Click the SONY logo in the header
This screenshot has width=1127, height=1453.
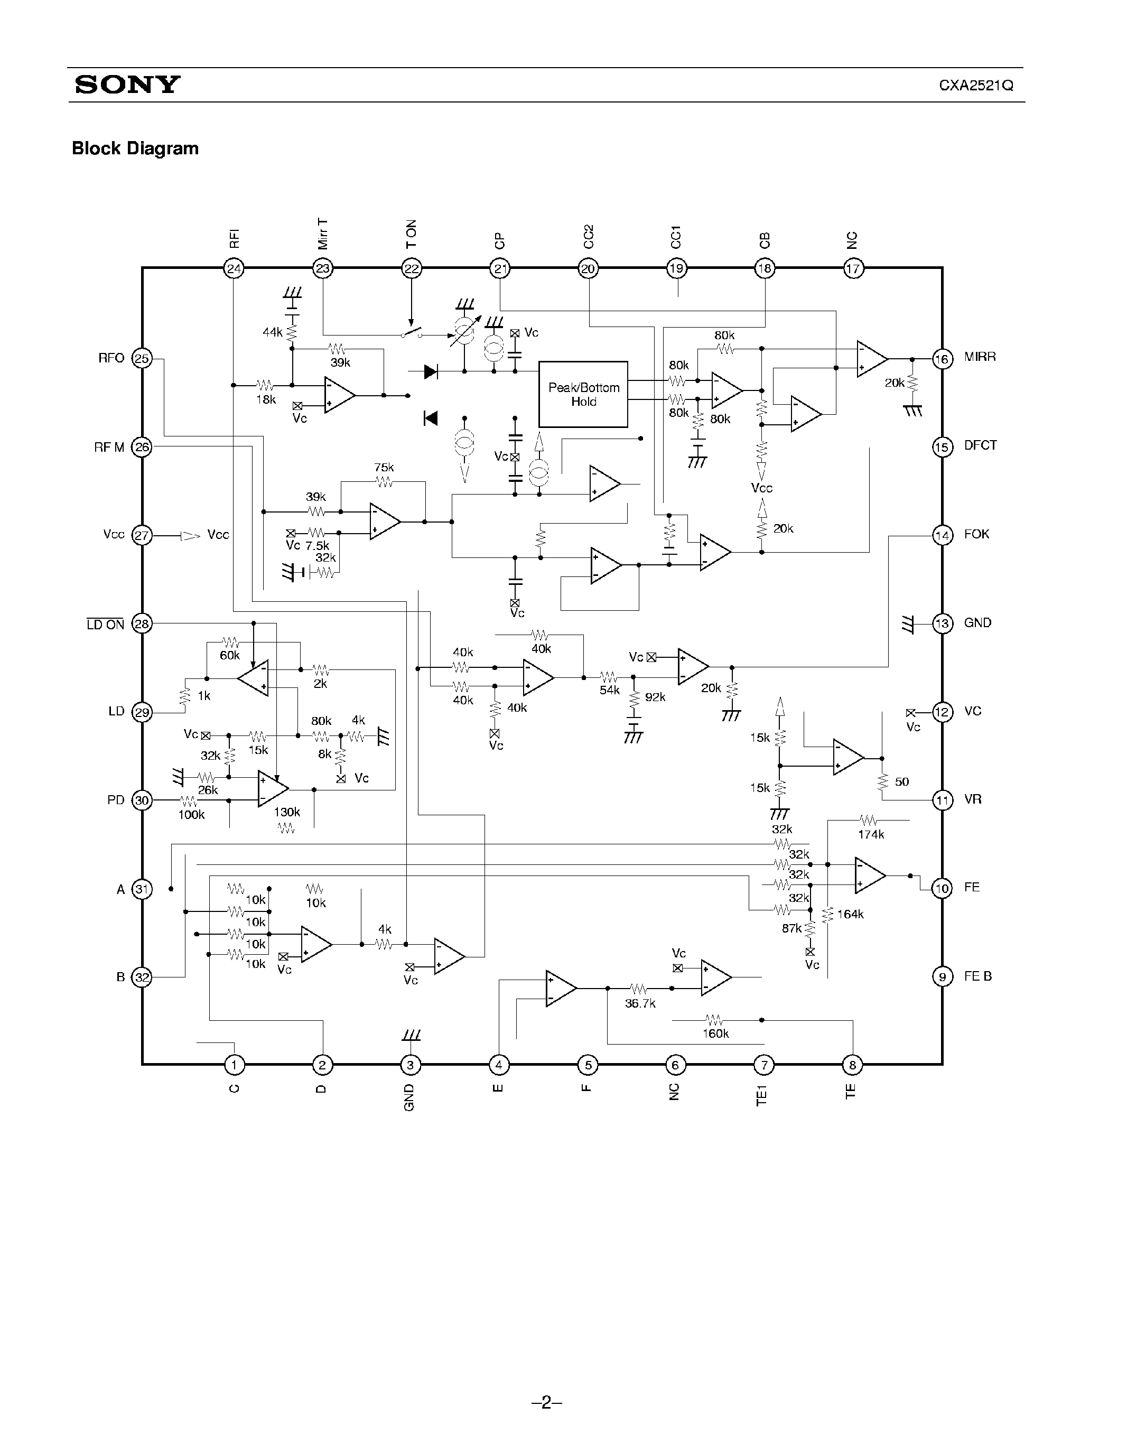click(127, 85)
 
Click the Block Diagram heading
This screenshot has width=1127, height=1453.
click(135, 148)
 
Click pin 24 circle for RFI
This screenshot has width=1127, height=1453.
click(234, 269)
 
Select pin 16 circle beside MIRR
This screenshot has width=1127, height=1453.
click(942, 359)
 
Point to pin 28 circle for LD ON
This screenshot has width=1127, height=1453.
click(142, 624)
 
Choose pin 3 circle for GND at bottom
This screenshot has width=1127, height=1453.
click(410, 1065)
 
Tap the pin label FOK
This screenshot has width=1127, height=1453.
click(976, 534)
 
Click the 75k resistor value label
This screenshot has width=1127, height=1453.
click(384, 468)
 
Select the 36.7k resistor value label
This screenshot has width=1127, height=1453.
click(640, 1003)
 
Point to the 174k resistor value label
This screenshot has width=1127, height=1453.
click(871, 834)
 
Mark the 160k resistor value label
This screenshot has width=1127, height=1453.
click(716, 1033)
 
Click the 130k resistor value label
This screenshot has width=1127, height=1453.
click(287, 812)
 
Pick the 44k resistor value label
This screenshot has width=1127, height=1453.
click(272, 332)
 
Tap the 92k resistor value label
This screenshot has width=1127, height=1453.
click(655, 697)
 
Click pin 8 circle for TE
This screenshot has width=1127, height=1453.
click(852, 1065)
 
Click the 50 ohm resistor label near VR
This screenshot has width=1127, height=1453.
click(901, 782)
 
